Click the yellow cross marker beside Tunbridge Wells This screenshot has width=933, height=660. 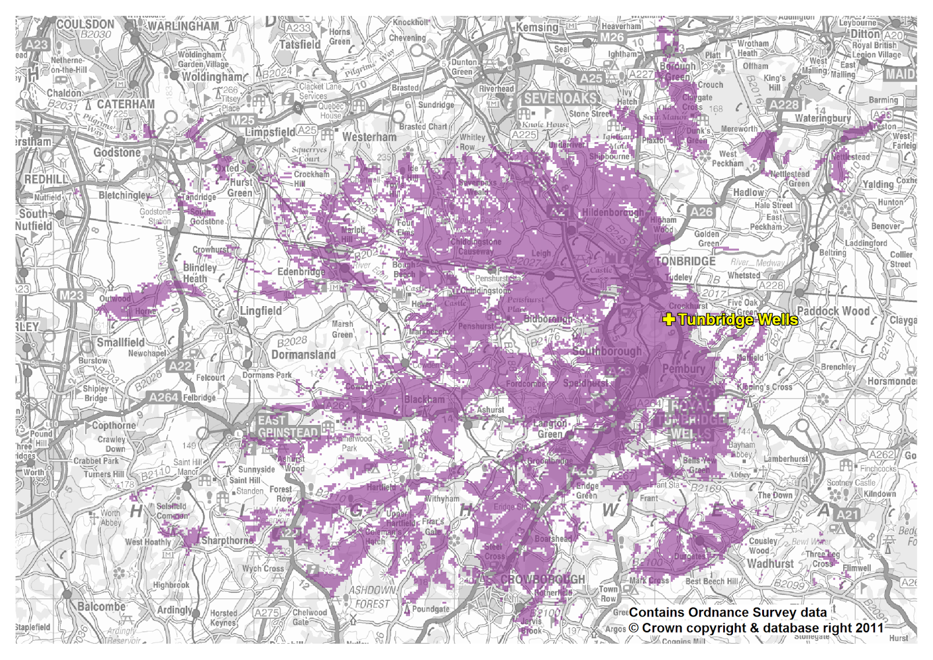click(x=669, y=319)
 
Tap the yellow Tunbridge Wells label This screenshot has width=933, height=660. click(x=738, y=320)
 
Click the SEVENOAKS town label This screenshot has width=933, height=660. click(x=560, y=99)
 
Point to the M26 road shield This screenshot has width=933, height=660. click(x=612, y=37)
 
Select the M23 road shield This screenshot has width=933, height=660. click(x=72, y=296)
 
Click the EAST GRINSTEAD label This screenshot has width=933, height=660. click(x=288, y=427)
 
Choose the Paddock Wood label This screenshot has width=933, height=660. click(x=833, y=311)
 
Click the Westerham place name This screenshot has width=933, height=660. click(x=369, y=137)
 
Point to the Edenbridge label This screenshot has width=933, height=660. click(x=301, y=272)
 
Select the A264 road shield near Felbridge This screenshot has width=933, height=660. click(x=163, y=397)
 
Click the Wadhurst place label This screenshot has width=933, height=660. click(x=770, y=563)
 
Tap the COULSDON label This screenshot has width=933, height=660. click(x=85, y=24)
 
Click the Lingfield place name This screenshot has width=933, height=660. click(x=261, y=311)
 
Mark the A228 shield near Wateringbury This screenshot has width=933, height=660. click(x=784, y=105)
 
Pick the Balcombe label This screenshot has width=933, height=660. click(x=101, y=606)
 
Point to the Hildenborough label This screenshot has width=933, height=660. click(x=612, y=213)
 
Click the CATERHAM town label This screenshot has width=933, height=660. click(x=125, y=104)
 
